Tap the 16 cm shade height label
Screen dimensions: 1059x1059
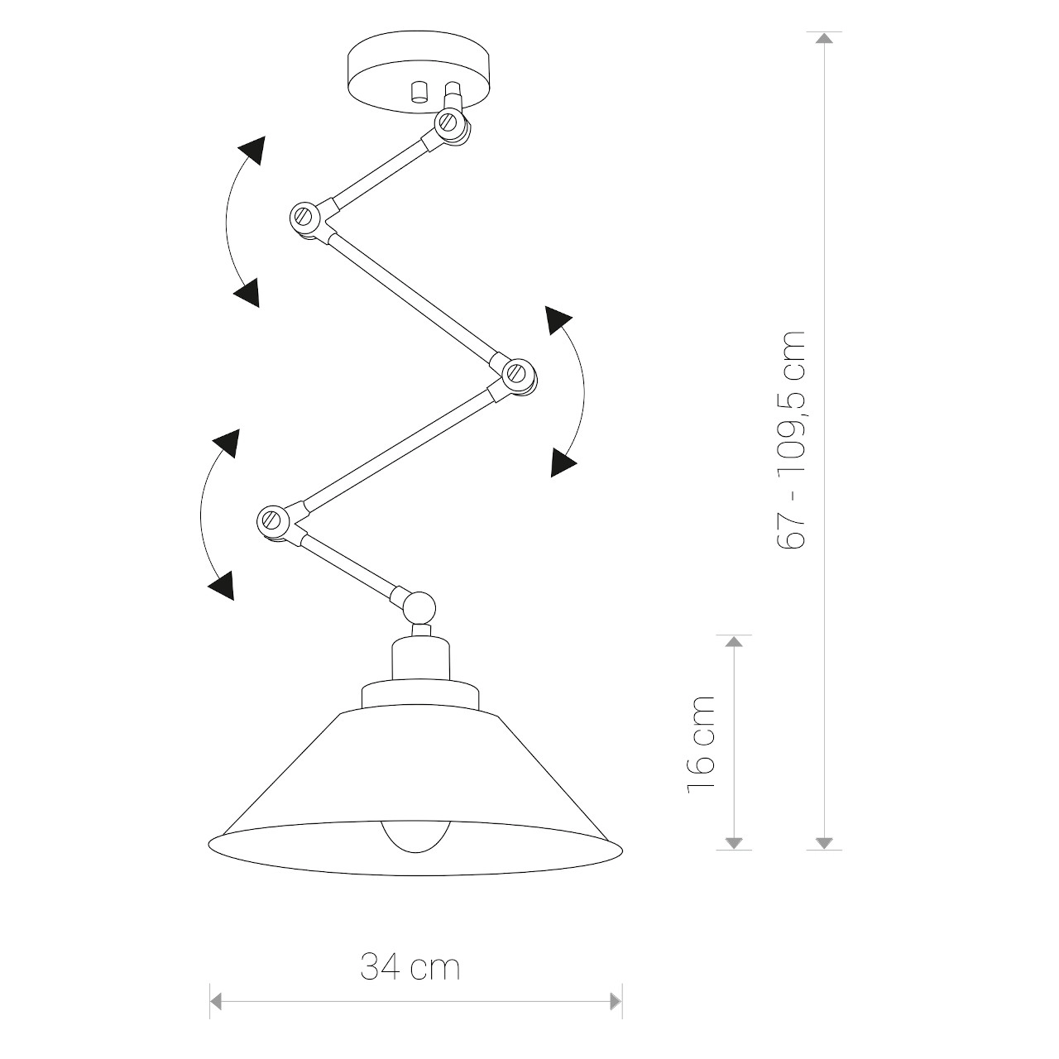coord(701,745)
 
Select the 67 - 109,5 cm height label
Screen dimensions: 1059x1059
coord(791,439)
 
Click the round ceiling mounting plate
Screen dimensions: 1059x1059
coord(419,71)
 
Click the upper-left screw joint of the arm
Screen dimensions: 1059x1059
coord(305,218)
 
